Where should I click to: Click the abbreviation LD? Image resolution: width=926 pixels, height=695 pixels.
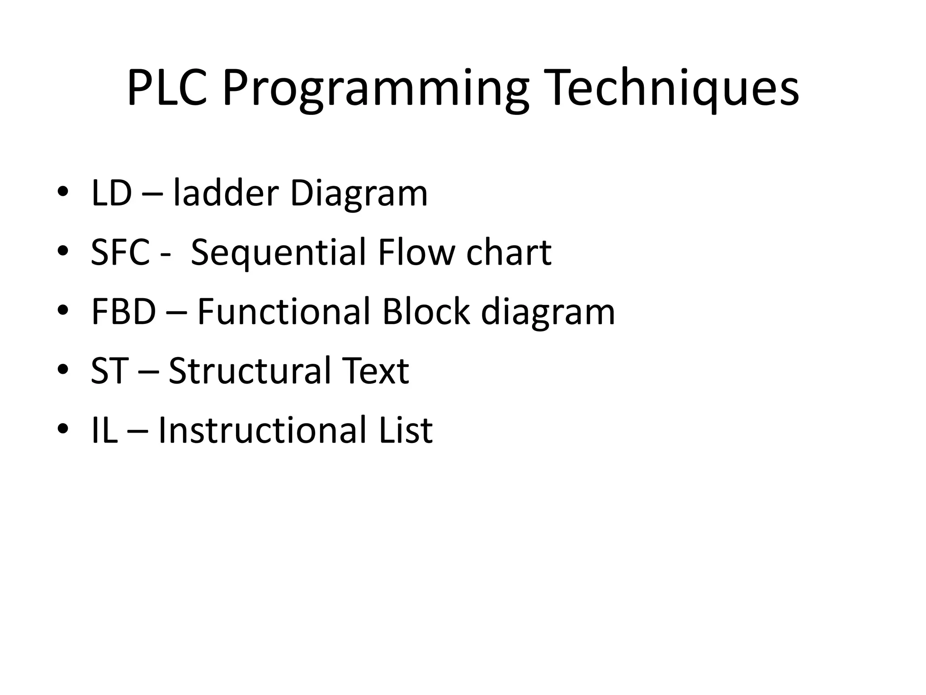tap(111, 193)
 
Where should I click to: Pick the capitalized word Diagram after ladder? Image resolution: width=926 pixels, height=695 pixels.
tap(359, 193)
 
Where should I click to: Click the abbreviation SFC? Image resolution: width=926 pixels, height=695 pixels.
tap(120, 252)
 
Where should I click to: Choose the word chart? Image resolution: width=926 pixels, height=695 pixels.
tap(509, 252)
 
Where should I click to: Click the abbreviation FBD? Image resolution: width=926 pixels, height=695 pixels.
tap(123, 312)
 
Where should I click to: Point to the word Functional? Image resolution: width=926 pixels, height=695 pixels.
tap(283, 312)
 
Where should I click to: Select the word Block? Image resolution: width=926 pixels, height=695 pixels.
tap(425, 312)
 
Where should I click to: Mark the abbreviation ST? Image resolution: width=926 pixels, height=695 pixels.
tap(109, 371)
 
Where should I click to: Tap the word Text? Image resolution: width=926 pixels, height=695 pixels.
tap(375, 371)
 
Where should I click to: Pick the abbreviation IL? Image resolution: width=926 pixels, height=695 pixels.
tap(104, 430)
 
